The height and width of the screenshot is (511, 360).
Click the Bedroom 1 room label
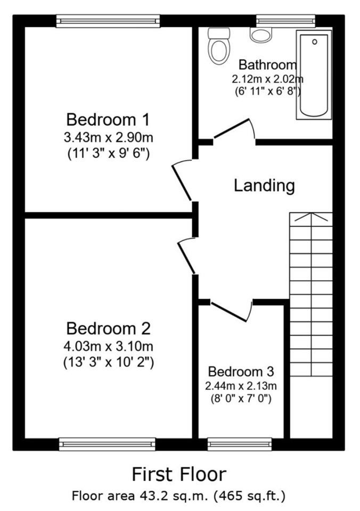108,120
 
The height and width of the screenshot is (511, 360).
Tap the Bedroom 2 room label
108,328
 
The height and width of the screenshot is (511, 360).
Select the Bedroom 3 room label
241,372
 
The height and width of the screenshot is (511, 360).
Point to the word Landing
265,186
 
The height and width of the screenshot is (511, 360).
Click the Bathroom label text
268,64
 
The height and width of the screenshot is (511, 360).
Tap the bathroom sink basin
261,35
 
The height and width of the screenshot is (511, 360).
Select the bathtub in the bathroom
314,75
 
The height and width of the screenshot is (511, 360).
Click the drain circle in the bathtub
315,42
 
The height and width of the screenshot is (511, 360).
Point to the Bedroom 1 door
182,179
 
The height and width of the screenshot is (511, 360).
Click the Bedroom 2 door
186,257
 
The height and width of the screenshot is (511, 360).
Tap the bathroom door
235,131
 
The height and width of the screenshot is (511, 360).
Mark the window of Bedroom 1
108,21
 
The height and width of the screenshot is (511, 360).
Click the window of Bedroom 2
107,444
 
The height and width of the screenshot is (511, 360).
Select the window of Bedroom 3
240,444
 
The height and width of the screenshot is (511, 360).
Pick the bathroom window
285,21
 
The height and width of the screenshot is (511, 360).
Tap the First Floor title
179,474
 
